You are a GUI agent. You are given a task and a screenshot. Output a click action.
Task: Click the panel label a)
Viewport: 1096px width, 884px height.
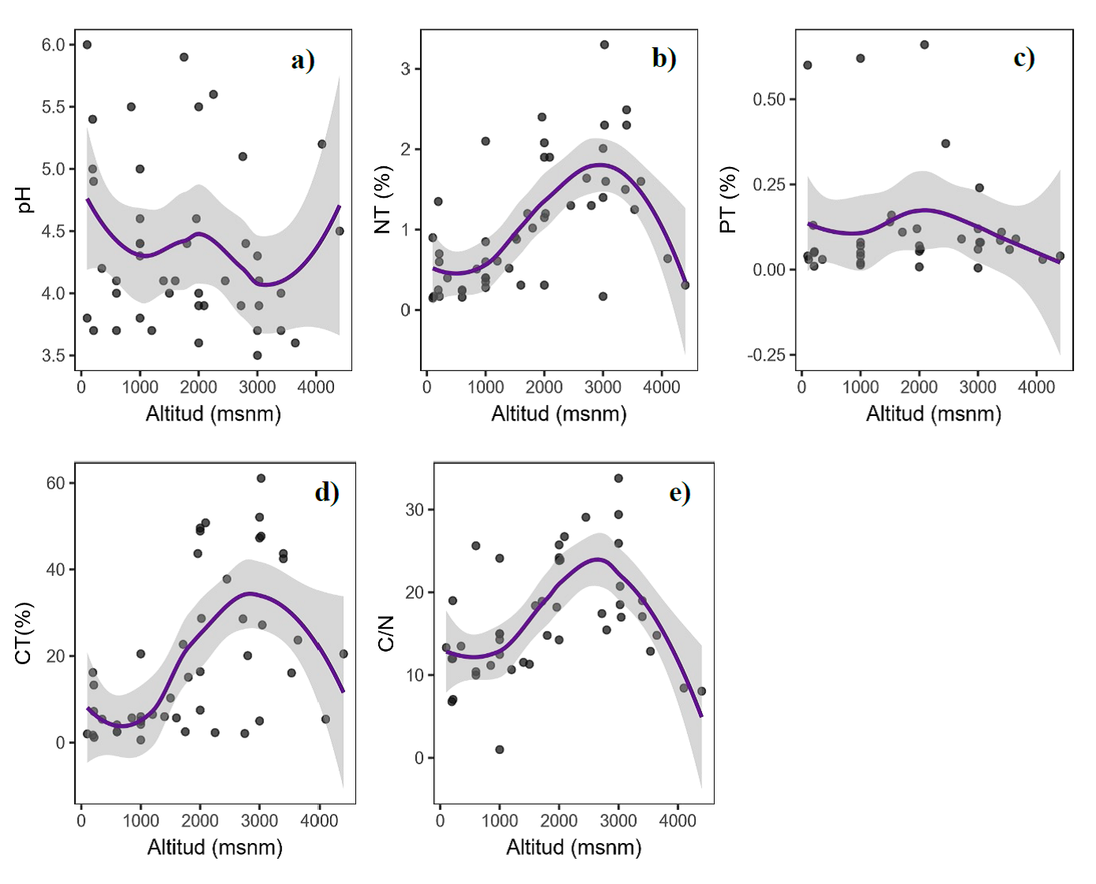[303, 60]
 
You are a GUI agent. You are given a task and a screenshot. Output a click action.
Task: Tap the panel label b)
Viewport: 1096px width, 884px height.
[663, 58]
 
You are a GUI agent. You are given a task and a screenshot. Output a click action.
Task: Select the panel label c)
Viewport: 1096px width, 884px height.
[1024, 58]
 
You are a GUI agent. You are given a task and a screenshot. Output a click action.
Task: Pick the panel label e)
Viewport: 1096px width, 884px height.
[679, 492]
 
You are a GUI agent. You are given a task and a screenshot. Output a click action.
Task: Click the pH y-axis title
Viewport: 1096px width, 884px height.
[24, 199]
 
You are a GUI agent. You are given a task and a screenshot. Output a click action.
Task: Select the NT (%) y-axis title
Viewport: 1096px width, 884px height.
[383, 199]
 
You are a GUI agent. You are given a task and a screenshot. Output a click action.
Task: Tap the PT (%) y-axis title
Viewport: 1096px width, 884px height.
[728, 199]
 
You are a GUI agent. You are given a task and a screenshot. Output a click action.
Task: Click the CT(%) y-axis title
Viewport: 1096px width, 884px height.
[24, 633]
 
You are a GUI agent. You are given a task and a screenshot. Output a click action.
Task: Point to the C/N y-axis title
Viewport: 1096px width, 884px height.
[386, 633]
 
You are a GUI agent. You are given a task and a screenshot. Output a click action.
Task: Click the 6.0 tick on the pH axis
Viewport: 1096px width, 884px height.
[53, 45]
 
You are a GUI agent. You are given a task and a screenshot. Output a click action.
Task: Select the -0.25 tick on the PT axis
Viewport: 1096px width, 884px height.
[767, 355]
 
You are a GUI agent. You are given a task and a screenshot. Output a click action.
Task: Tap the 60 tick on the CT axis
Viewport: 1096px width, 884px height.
[55, 483]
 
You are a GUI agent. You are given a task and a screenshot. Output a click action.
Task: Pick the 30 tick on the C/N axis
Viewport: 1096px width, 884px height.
[414, 510]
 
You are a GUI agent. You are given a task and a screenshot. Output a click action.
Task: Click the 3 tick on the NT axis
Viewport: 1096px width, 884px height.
[405, 69]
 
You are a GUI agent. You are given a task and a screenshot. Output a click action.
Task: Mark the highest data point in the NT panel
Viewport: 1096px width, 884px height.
[604, 45]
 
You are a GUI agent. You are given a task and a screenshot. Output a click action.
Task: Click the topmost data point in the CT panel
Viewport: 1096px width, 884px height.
[261, 478]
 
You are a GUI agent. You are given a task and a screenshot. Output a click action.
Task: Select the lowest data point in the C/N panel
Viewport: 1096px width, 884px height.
[500, 749]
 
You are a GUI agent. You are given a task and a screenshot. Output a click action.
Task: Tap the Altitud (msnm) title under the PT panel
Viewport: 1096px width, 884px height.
[933, 414]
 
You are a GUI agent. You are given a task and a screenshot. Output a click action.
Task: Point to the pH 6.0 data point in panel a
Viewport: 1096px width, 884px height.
[87, 45]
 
